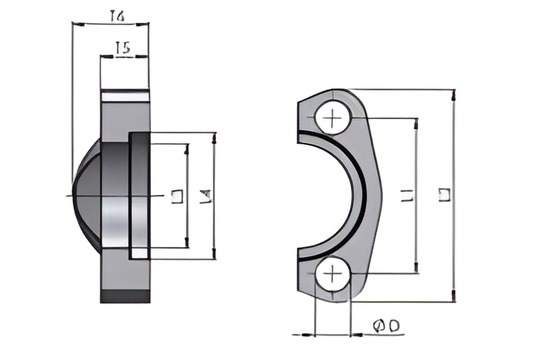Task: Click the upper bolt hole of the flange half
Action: [x=331, y=120]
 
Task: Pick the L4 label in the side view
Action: [x=205, y=196]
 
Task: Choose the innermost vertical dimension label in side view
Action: [x=177, y=196]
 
